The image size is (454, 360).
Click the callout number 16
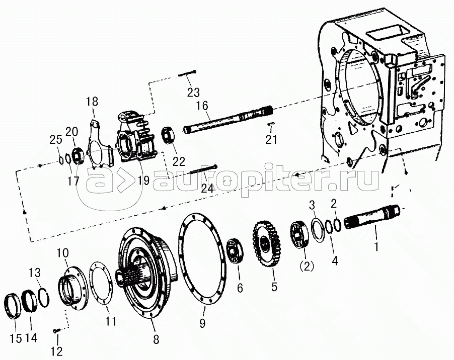[203, 106]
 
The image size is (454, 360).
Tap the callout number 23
[193, 92]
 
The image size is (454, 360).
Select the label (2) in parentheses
[307, 266]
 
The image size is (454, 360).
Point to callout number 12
[56, 351]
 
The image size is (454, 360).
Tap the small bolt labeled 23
[187, 73]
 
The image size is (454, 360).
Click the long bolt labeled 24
[203, 170]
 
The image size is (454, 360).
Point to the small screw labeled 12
[56, 330]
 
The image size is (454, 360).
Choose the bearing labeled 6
[235, 251]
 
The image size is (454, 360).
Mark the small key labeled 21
[271, 124]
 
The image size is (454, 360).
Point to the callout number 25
[55, 140]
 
